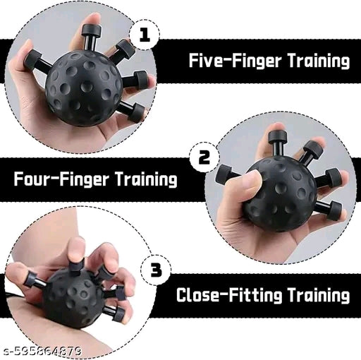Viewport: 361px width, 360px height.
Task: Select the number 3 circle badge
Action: click(x=156, y=270)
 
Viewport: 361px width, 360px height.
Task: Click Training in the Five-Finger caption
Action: click(x=317, y=61)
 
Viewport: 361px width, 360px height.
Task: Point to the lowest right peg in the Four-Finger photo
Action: click(x=329, y=209)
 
